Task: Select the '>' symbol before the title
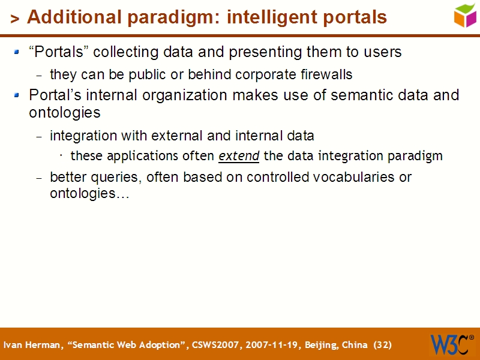point(15,19)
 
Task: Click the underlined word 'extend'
point(239,156)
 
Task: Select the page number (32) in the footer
point(382,345)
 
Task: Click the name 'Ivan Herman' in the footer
point(33,345)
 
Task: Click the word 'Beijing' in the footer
point(321,345)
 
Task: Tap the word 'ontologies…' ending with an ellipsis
point(89,194)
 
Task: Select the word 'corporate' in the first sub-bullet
point(261,74)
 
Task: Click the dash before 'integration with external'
point(40,137)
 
